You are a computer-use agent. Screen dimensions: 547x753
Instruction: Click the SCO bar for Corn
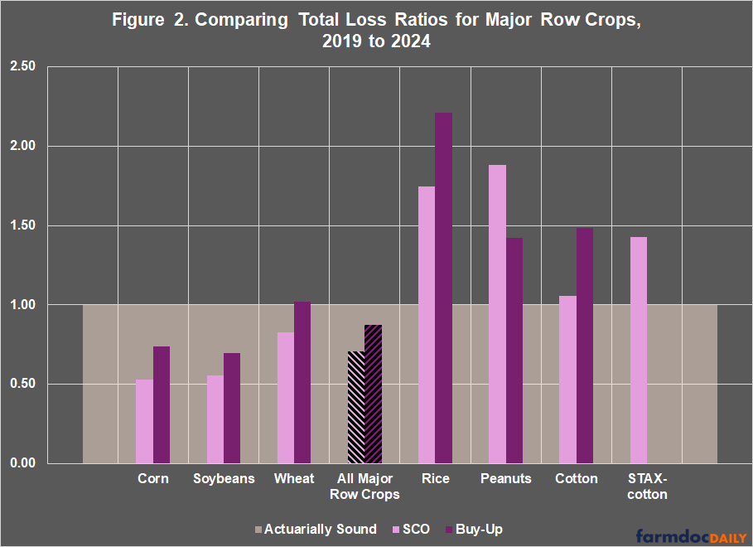144,421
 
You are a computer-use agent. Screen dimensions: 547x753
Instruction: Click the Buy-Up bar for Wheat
302,382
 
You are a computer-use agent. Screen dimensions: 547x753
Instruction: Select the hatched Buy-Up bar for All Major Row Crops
373,394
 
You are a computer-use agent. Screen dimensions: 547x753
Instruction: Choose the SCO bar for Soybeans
215,419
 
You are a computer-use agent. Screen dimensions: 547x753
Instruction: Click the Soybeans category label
224,479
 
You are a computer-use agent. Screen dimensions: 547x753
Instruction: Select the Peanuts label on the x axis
505,479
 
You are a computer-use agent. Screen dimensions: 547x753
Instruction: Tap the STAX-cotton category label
646,486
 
